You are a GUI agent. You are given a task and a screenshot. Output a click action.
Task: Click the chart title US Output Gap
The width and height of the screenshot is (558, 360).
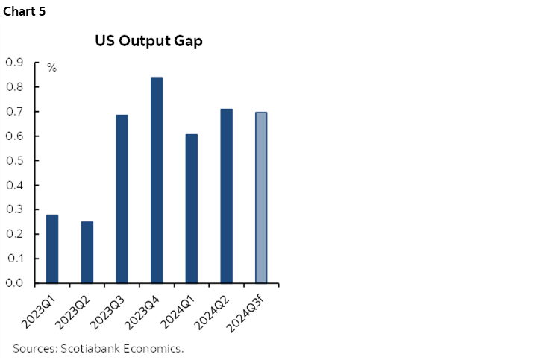(148, 41)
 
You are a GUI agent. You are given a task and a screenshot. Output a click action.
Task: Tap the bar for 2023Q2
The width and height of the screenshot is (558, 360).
(87, 253)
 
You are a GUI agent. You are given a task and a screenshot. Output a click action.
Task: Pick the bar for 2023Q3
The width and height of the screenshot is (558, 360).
(122, 199)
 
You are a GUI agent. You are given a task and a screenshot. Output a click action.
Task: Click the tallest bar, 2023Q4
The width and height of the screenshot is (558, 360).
(157, 180)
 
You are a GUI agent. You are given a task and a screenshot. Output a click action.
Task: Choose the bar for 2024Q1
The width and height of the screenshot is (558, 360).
(192, 209)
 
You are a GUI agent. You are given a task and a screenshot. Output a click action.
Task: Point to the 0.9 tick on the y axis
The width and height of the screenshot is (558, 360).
(15, 63)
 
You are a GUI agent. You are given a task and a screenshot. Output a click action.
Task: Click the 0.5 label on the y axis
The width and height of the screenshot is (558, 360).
(15, 160)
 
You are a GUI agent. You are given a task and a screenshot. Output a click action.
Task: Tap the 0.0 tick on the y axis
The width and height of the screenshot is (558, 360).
(15, 283)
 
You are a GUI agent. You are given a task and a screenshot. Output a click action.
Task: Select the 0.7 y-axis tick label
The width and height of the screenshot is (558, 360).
(15, 112)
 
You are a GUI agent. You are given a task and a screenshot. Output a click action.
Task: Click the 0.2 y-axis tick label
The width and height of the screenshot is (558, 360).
(15, 234)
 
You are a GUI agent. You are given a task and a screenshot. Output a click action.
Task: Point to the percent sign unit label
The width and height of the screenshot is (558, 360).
(51, 68)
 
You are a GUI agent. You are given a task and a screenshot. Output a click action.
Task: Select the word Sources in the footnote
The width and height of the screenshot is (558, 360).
(34, 348)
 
